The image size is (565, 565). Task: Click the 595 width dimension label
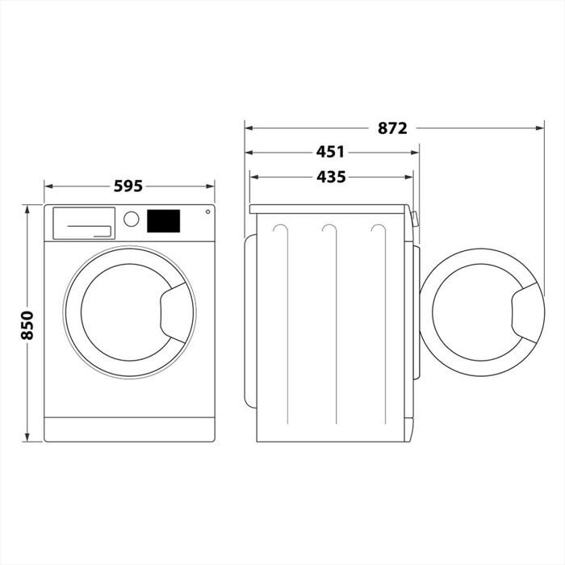tap(128, 186)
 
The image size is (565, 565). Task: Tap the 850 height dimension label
tap(27, 324)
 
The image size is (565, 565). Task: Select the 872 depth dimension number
tap(391, 128)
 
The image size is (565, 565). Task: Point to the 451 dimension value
tap(330, 152)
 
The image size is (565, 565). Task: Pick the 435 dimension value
tap(330, 177)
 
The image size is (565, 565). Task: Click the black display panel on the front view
tap(163, 220)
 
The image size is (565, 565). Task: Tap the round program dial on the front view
tap(131, 219)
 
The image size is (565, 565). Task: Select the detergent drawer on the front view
tap(82, 223)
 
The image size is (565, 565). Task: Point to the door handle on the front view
tap(176, 311)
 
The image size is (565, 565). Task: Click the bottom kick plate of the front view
tap(129, 429)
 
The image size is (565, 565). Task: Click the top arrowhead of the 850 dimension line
tap(27, 208)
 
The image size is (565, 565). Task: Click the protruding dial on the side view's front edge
tap(415, 218)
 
